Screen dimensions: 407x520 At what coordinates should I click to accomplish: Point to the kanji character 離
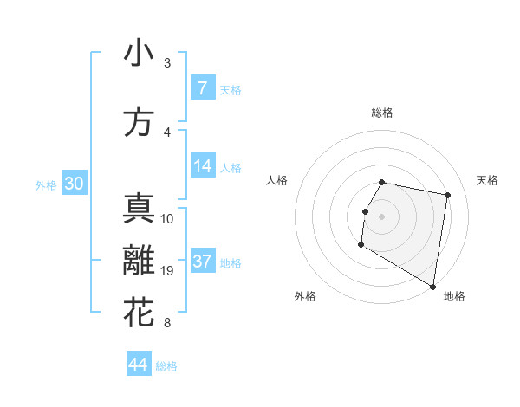pyautogui.click(x=139, y=261)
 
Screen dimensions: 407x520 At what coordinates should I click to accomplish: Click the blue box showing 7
pyautogui.click(x=202, y=88)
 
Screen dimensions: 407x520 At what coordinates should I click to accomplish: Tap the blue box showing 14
pyautogui.click(x=202, y=167)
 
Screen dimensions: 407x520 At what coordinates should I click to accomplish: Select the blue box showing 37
pyautogui.click(x=202, y=262)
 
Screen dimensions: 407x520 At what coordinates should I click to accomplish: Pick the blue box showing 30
pyautogui.click(x=74, y=184)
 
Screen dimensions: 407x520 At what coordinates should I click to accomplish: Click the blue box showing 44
pyautogui.click(x=139, y=365)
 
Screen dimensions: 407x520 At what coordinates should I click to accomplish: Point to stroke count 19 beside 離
pyautogui.click(x=167, y=271)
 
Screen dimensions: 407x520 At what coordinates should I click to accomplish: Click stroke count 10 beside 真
pyautogui.click(x=167, y=219)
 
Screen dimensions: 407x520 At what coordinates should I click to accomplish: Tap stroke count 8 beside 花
pyautogui.click(x=167, y=323)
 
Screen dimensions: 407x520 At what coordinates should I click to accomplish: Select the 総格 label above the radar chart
pyautogui.click(x=381, y=113)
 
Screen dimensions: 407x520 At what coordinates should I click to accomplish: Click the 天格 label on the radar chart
pyautogui.click(x=487, y=180)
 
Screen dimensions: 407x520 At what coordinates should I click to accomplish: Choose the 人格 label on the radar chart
pyautogui.click(x=277, y=180)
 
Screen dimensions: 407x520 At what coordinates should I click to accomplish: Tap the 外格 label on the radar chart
pyautogui.click(x=305, y=296)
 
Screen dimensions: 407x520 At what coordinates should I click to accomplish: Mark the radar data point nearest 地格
pyautogui.click(x=432, y=287)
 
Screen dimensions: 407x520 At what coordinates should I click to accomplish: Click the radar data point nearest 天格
pyautogui.click(x=447, y=196)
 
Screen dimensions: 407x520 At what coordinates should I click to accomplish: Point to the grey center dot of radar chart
pyautogui.click(x=381, y=216)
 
